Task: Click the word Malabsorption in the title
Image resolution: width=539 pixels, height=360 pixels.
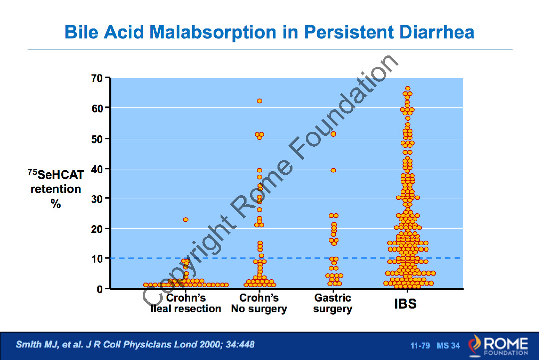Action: pyautogui.click(x=212, y=32)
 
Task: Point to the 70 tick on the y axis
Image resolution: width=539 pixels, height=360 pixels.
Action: pyautogui.click(x=97, y=78)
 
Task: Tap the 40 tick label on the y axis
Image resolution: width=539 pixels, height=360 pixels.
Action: pyautogui.click(x=97, y=169)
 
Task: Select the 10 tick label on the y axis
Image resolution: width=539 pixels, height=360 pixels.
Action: pyautogui.click(x=97, y=259)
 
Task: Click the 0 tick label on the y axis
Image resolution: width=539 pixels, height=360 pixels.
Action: pyautogui.click(x=100, y=289)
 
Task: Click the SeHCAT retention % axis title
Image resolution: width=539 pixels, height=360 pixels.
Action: pyautogui.click(x=55, y=189)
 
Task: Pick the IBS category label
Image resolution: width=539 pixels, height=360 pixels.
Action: pyautogui.click(x=405, y=304)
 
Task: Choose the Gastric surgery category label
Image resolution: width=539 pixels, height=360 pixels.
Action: pyautogui.click(x=333, y=304)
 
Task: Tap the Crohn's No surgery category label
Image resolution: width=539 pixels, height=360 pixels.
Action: pyautogui.click(x=259, y=304)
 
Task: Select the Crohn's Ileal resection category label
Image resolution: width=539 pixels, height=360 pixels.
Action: pyautogui.click(x=186, y=304)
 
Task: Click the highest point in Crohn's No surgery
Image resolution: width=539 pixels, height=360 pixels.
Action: pyautogui.click(x=260, y=101)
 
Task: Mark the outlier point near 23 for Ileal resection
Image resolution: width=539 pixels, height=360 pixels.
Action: pyautogui.click(x=186, y=220)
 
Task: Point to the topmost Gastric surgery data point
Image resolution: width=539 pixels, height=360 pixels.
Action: pyautogui.click(x=333, y=134)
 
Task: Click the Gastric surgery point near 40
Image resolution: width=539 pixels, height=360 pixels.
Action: pyautogui.click(x=333, y=170)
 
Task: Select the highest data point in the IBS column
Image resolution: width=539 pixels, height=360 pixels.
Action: pyautogui.click(x=408, y=88)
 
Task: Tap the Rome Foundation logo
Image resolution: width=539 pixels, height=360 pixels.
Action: pyautogui.click(x=498, y=346)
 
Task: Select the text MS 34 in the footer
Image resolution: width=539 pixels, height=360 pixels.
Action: pyautogui.click(x=448, y=346)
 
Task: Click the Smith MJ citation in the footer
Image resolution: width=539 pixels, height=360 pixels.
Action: pyautogui.click(x=135, y=345)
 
